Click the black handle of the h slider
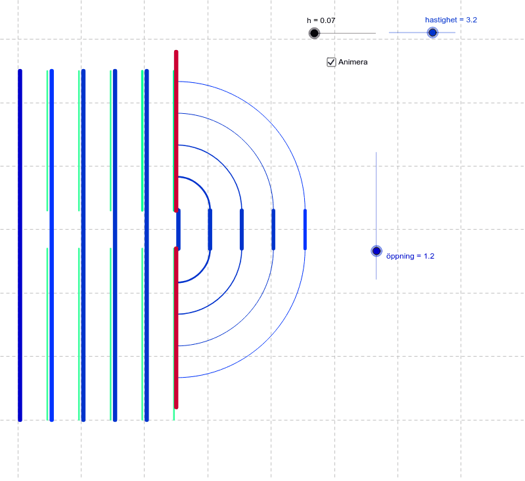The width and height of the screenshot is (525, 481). [x=314, y=33]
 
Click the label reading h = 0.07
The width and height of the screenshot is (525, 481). [x=321, y=20]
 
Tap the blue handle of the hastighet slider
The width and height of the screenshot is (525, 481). [x=432, y=32]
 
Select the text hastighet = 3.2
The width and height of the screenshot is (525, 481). [x=451, y=20]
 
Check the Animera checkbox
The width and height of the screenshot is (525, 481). [x=331, y=62]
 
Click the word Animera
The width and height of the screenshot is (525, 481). [x=353, y=62]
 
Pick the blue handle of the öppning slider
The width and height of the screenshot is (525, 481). [x=377, y=251]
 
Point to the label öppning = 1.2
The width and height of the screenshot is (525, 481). [x=410, y=256]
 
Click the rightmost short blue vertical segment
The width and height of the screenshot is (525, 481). [x=305, y=230]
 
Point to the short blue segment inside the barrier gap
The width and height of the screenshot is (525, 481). [x=178, y=230]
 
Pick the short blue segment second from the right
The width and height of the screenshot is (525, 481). [x=273, y=230]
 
